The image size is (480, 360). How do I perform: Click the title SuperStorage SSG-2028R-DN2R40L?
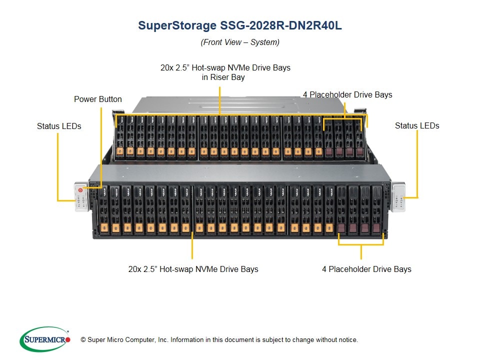pos(240,26)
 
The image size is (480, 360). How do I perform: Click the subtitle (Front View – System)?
pos(240,42)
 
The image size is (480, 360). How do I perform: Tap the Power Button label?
pos(98,99)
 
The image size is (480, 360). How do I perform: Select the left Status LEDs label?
pos(59,126)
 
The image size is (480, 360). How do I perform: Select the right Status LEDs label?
pos(417,125)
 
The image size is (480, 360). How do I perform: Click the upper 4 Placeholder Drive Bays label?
pos(347,94)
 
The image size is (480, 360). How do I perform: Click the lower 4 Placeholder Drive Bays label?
pos(366,269)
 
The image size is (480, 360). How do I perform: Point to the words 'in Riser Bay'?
pos(223,77)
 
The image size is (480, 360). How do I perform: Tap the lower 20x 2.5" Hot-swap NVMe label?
pos(193,269)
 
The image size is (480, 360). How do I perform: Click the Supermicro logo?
pos(45,339)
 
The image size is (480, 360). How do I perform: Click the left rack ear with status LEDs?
pos(81,197)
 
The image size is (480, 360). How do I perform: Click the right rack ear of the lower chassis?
pos(397,197)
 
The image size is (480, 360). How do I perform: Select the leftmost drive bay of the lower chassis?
pos(103,210)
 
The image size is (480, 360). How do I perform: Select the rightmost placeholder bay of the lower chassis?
pos(376,210)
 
